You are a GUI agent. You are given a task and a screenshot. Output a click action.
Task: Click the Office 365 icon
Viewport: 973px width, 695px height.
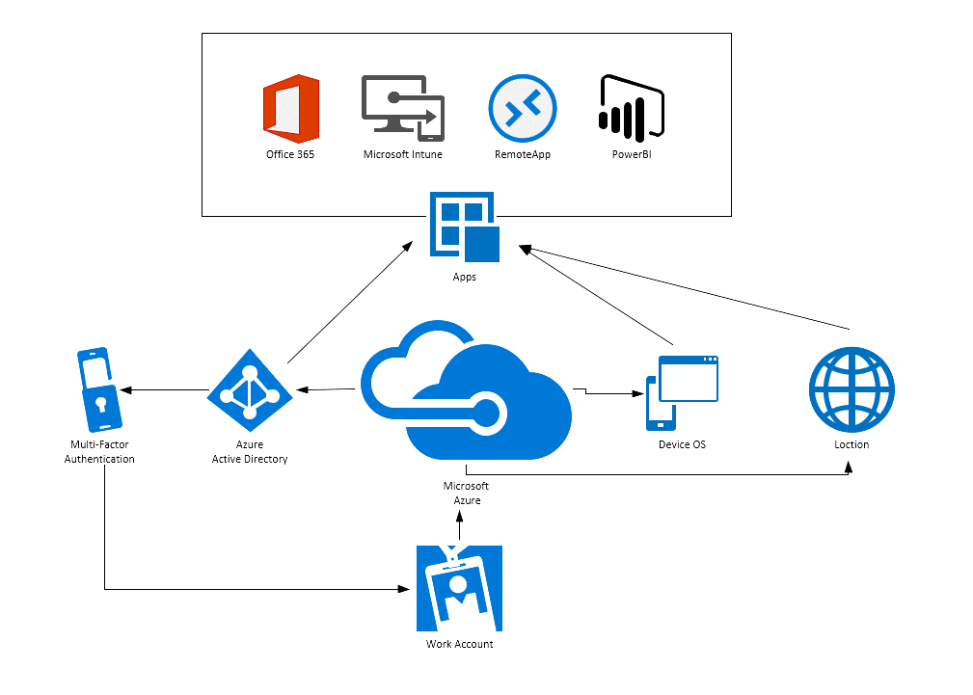(x=290, y=109)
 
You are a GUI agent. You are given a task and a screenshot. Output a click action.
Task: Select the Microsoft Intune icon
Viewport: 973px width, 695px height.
(x=402, y=108)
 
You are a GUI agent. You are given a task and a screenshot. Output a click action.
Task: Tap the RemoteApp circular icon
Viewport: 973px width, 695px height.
(x=522, y=109)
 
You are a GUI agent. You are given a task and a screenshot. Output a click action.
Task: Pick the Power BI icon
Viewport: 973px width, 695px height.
(x=632, y=108)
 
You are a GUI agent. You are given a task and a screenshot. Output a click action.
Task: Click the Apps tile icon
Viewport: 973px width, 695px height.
(x=464, y=227)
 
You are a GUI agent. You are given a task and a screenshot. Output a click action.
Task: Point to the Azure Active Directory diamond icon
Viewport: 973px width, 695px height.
(x=250, y=391)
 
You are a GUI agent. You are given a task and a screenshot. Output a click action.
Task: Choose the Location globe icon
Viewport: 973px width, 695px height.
(x=851, y=389)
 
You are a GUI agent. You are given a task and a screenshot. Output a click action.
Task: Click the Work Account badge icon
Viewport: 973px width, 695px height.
(x=459, y=587)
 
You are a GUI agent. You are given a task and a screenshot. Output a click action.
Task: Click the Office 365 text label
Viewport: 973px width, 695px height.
(x=290, y=154)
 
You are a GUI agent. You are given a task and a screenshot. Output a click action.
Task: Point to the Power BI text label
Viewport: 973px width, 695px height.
(x=631, y=154)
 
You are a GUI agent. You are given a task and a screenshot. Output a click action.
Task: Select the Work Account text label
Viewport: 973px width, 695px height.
(x=460, y=644)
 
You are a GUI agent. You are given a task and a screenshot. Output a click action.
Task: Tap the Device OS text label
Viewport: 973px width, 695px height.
(x=683, y=444)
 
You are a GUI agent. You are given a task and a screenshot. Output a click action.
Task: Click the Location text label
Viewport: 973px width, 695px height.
(x=851, y=444)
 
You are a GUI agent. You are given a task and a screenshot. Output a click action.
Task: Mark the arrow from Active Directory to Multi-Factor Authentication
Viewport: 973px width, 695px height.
(x=164, y=390)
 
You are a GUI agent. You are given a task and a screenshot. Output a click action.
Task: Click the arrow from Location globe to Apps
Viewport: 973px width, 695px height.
(x=685, y=288)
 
